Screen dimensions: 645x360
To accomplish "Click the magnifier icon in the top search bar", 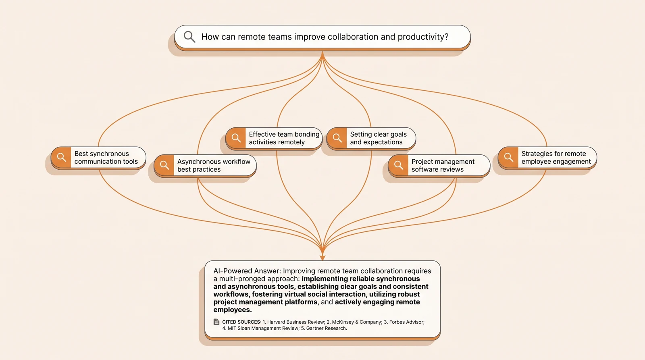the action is [189, 37].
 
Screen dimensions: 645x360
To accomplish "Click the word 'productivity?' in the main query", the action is [423, 37].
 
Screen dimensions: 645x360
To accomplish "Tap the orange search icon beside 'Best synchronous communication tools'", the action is [61, 157].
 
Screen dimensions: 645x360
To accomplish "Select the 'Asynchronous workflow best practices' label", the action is [214, 165].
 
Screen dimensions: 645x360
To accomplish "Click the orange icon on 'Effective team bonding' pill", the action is [236, 138].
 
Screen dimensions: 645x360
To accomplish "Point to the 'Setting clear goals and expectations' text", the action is [379, 138].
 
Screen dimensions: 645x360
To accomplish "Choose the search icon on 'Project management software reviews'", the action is [399, 165].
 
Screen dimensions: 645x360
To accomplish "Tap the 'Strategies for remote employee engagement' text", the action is [556, 158].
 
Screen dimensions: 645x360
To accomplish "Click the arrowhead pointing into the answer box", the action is [322, 257].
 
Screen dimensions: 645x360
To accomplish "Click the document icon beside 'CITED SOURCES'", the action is [216, 322].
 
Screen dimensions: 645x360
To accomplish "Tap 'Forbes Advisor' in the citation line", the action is [407, 322].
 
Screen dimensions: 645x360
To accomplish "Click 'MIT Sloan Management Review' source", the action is [263, 328].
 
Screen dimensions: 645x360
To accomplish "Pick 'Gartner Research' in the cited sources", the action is [326, 328].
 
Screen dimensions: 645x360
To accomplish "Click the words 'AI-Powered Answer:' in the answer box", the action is [247, 271].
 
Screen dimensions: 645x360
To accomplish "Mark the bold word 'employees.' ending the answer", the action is [233, 310].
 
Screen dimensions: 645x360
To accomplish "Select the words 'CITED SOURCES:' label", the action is [241, 322].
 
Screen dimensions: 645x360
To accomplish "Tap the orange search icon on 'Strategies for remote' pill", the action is [508, 157].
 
